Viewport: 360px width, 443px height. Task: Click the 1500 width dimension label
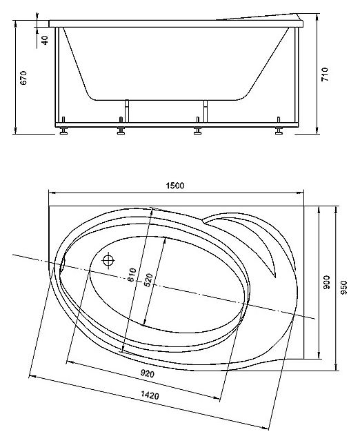(175, 186)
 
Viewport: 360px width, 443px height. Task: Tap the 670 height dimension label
(23, 77)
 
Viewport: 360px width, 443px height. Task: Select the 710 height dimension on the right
(325, 75)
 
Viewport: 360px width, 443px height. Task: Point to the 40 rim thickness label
(45, 39)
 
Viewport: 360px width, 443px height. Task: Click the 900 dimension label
(326, 282)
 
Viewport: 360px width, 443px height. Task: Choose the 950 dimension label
(344, 287)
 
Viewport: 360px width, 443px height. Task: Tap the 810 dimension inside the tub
(132, 275)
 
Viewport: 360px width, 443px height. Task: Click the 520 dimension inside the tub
(148, 280)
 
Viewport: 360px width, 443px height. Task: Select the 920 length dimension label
(148, 374)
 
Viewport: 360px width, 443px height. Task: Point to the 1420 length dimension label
(150, 395)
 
